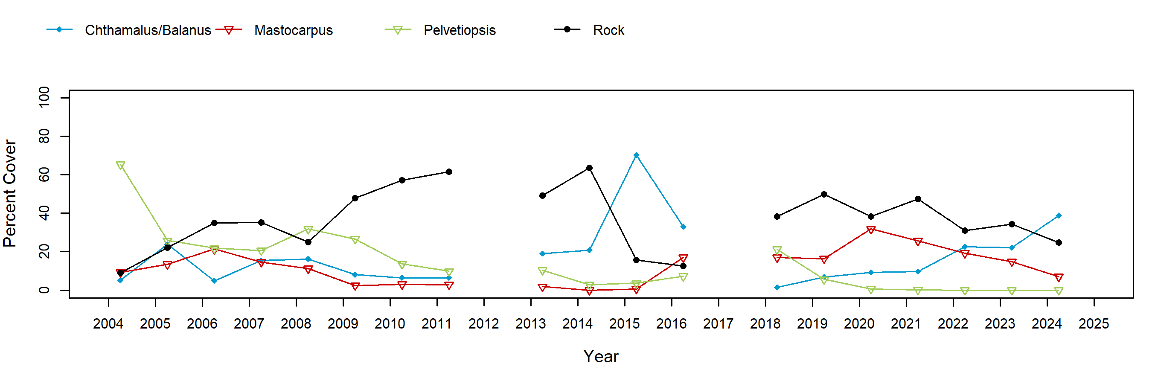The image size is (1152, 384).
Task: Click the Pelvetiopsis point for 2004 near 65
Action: [120, 166]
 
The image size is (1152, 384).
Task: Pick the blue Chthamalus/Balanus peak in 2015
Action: [636, 155]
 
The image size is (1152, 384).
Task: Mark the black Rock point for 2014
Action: [589, 168]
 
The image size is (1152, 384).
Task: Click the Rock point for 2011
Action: [449, 172]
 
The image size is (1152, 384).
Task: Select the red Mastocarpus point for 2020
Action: [871, 230]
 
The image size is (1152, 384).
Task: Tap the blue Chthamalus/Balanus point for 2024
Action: [1059, 215]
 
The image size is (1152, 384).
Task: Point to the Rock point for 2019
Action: [824, 195]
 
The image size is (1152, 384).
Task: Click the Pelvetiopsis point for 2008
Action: [308, 230]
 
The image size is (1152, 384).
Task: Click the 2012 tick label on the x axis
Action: [483, 324]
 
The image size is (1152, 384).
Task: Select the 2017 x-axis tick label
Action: [718, 324]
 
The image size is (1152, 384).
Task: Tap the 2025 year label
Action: [1094, 324]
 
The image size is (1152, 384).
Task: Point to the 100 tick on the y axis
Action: [44, 97]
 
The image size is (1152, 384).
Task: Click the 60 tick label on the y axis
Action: [44, 175]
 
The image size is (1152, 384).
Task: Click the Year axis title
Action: [601, 356]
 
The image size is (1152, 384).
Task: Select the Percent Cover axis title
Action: [10, 193]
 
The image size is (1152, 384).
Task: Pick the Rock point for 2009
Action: [355, 198]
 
